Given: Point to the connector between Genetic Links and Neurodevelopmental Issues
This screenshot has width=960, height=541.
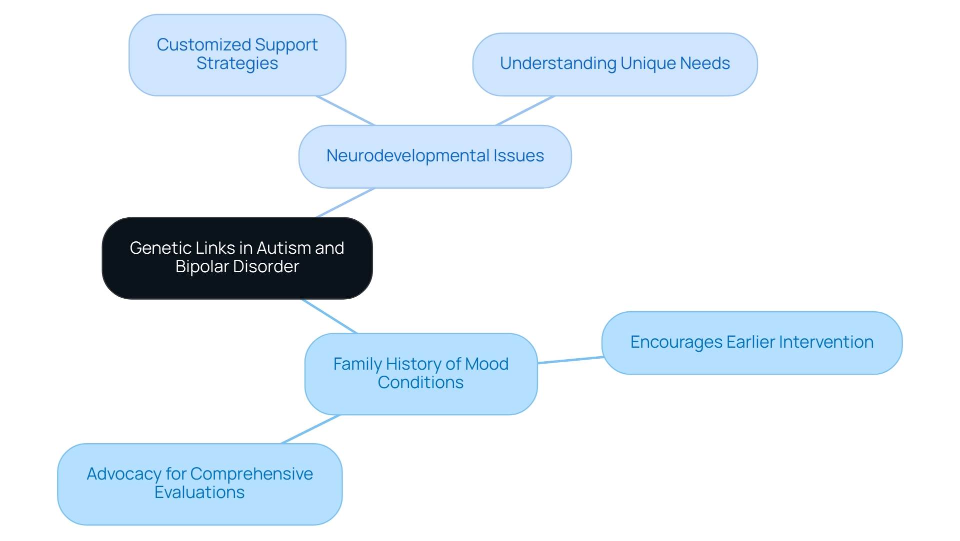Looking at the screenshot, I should point(345,203).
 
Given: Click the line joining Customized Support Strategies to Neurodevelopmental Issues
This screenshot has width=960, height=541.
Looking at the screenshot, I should point(345,110).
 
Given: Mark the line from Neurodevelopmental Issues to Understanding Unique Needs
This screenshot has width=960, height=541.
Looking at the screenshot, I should point(525,110).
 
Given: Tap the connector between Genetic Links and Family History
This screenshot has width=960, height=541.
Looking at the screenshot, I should point(329,316).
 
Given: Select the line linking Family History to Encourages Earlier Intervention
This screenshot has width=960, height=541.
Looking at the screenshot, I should point(570,360).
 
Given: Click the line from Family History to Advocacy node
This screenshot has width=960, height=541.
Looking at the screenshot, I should point(310,429).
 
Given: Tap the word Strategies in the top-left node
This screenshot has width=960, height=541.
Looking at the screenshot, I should point(237,63).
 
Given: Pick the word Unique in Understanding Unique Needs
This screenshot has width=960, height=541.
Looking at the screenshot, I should point(647,63).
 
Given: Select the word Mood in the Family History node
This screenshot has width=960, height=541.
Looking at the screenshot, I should point(486,364).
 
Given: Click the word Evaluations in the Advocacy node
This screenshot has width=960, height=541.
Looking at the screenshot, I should point(199,493).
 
